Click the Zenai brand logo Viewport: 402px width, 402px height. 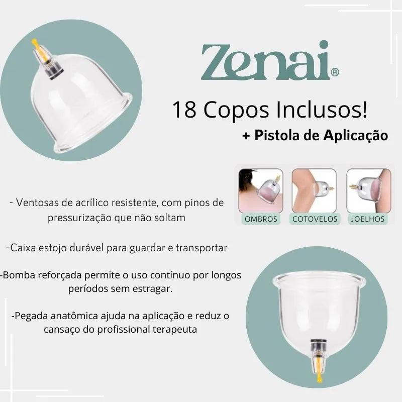coord(270,61)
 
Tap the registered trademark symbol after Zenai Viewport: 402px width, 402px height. coord(335,72)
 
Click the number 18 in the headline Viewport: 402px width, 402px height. coord(184,110)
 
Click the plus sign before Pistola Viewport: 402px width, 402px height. coord(246,136)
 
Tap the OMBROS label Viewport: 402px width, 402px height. coord(261,219)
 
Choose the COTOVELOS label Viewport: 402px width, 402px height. coord(315,219)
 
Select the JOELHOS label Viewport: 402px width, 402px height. coord(368,219)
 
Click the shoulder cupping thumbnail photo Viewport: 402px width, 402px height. coord(261,191)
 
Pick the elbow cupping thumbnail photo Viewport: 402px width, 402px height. coord(315,191)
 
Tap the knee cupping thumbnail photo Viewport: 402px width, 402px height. coord(369,191)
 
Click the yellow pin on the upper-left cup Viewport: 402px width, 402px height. coord(37,48)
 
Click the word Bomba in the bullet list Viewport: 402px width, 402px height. coord(16,275)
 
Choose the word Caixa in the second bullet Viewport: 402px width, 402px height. coord(23,248)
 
